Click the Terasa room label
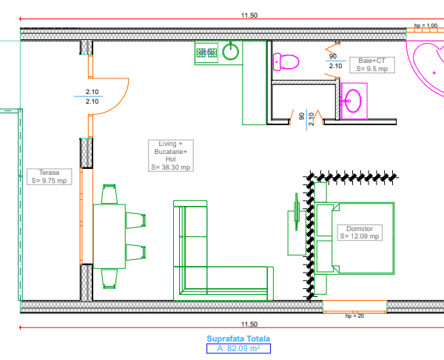(50, 176)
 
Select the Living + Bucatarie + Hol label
(171, 156)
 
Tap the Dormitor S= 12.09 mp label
(360, 233)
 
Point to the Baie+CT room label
(372, 65)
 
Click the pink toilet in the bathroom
(286, 61)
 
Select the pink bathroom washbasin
(354, 101)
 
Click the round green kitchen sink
(230, 52)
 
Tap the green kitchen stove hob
(206, 53)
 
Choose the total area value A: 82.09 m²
(238, 348)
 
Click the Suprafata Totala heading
(238, 339)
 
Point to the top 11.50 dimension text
(249, 16)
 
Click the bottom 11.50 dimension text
(249, 324)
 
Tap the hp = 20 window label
(354, 316)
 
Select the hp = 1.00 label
(426, 25)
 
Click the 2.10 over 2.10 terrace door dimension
(92, 96)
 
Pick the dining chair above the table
(110, 194)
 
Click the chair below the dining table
(110, 279)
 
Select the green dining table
(110, 236)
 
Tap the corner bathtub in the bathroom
(428, 68)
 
